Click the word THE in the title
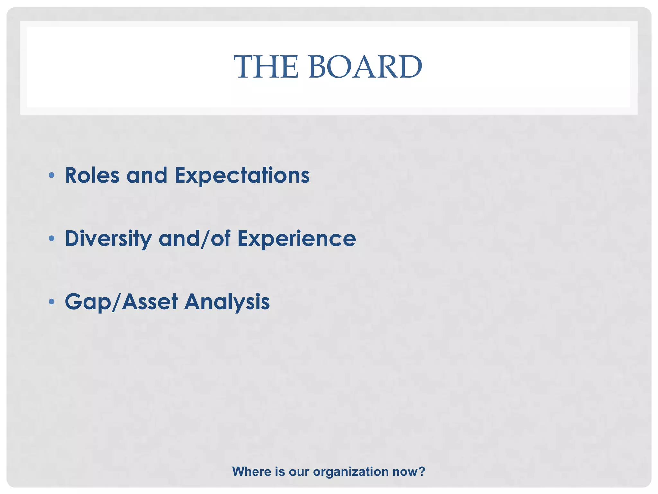click(266, 67)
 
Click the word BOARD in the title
click(365, 67)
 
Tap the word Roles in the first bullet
click(92, 176)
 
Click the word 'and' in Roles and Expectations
click(147, 176)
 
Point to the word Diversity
click(108, 239)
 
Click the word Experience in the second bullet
click(297, 239)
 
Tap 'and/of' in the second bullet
click(194, 239)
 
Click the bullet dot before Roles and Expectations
click(51, 176)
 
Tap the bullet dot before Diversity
click(51, 239)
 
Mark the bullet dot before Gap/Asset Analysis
click(51, 302)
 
